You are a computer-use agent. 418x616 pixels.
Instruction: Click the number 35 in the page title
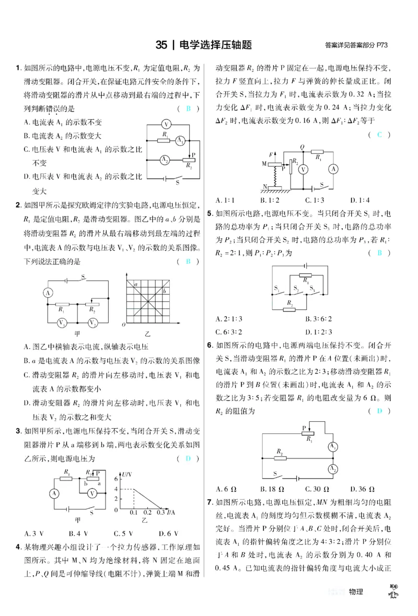[161, 46]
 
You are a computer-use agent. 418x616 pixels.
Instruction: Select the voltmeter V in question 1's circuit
[166, 124]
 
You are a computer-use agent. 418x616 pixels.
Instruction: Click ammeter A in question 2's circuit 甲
[48, 293]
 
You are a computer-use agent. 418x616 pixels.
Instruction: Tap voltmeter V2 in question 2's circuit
[92, 323]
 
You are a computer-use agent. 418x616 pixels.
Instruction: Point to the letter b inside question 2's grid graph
[164, 290]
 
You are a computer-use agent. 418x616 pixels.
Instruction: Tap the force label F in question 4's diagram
[270, 155]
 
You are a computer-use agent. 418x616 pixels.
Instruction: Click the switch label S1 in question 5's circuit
[276, 288]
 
